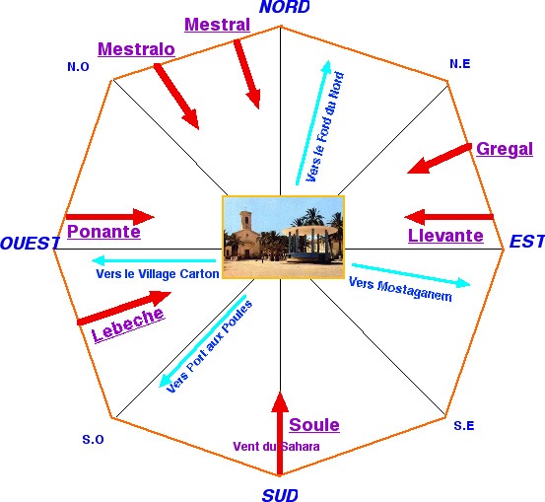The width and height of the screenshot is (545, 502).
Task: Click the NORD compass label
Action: pos(284,7)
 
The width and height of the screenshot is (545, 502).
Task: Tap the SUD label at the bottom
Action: pos(280,495)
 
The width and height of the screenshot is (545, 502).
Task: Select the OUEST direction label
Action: pos(30,243)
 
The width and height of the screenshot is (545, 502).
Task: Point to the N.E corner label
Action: pos(460,64)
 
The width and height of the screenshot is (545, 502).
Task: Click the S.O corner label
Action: pos(93,440)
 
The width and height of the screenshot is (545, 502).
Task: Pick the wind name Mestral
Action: pos(217,25)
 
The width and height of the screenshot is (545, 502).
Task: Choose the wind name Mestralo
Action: pos(136,49)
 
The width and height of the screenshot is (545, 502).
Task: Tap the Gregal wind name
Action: pos(505,149)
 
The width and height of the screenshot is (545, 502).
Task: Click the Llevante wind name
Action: pos(445,236)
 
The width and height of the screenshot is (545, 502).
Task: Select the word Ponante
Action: pos(103,232)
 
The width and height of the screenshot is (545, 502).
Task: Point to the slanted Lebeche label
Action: pos(127,324)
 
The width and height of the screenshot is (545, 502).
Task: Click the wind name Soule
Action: pos(314,425)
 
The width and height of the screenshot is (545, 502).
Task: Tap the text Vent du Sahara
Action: pos(276,447)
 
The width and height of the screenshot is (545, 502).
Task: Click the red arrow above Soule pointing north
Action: pos(280,434)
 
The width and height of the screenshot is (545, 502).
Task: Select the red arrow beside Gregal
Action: pos(440,158)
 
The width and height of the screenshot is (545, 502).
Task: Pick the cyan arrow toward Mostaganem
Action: pos(411,275)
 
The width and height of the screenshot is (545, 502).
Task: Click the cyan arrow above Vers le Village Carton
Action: pos(154,260)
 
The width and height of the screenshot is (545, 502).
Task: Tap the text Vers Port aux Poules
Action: pos(210,346)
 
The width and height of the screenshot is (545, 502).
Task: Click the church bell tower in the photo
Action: pos(245,220)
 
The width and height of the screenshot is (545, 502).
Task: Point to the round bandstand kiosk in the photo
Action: pos(309,244)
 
